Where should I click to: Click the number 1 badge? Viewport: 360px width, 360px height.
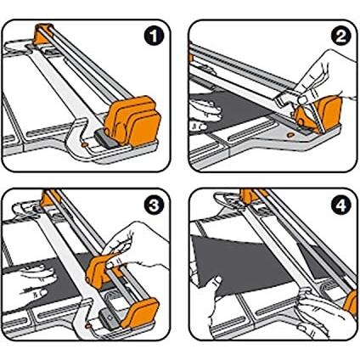pos(154,37)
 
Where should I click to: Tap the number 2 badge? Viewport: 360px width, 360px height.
pos(341,37)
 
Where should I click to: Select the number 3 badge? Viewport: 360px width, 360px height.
pos(154,205)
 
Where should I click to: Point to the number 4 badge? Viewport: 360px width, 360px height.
pos(341,205)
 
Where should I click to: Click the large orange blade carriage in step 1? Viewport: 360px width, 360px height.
pos(132,121)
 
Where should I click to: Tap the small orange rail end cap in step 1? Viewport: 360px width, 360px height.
pos(42,33)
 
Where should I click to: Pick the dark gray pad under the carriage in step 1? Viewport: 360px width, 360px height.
pos(105,138)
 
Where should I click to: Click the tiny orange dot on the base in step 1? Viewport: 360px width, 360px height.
pos(84,144)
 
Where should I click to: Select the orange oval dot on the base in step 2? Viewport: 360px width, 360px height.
pos(290,135)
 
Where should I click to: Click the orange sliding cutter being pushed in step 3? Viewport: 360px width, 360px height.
pos(101,270)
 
